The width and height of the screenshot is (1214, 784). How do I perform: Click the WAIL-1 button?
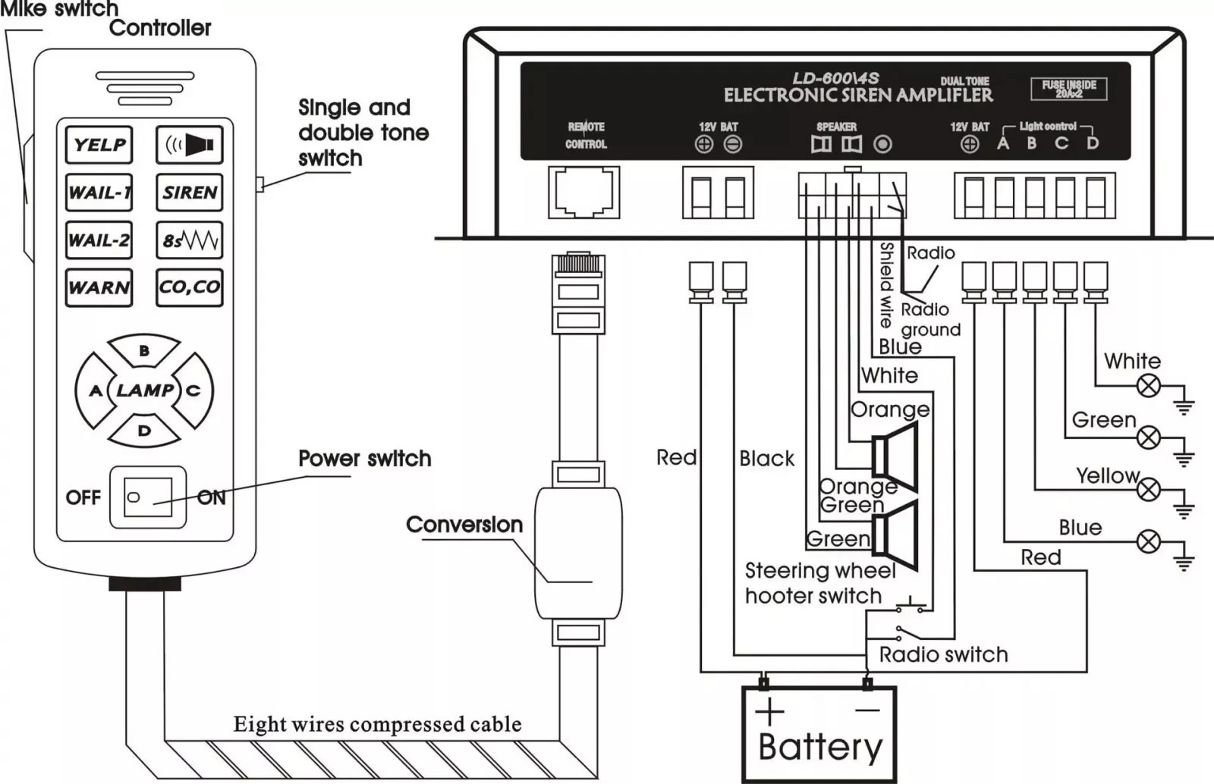click(99, 193)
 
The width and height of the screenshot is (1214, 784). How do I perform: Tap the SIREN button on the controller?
click(189, 193)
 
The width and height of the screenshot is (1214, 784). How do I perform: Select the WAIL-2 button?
click(99, 240)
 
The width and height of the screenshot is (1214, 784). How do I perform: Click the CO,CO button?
click(189, 287)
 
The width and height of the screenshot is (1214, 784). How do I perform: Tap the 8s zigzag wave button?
click(189, 240)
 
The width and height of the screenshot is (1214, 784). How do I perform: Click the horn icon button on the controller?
click(189, 145)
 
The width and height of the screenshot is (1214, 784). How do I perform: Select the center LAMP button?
click(144, 390)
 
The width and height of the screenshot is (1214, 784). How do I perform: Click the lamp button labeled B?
click(144, 350)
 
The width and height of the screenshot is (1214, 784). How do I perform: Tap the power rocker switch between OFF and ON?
click(148, 497)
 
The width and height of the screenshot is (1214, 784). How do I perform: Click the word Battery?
click(820, 748)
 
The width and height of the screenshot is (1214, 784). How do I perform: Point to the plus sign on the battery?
click(769, 711)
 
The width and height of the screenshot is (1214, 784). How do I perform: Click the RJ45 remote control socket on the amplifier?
click(583, 193)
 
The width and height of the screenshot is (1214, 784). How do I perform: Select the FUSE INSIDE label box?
click(1069, 89)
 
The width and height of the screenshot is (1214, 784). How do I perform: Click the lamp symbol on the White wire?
click(1148, 386)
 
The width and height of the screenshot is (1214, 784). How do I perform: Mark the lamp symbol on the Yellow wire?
click(1148, 490)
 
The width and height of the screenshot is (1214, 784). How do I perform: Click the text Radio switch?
click(943, 654)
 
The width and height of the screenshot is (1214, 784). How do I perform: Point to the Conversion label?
click(464, 525)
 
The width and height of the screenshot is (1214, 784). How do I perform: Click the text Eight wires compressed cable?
click(377, 724)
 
